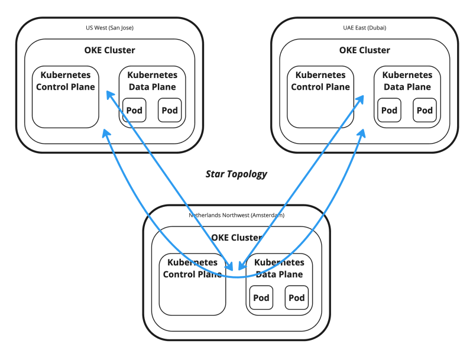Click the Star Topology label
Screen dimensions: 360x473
(x=237, y=174)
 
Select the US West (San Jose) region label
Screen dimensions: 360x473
(x=109, y=28)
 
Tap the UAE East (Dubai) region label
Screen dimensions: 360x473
(x=365, y=28)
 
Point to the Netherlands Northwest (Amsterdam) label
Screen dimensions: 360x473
(x=237, y=215)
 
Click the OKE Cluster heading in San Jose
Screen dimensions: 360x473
(x=109, y=50)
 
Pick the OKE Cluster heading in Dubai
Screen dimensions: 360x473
(x=365, y=50)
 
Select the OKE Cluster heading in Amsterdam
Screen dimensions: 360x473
(x=237, y=238)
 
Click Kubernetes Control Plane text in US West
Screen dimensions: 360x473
(x=65, y=81)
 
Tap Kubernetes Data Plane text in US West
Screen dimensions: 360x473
(x=152, y=81)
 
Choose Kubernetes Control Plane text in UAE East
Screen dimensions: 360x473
(x=320, y=81)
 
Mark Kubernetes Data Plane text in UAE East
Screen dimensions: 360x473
(x=407, y=81)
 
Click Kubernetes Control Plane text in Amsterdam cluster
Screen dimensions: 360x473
(x=193, y=268)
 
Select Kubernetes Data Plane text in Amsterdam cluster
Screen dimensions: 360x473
(x=279, y=268)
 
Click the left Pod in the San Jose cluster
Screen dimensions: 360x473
(x=134, y=110)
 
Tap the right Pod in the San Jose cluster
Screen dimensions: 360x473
(x=170, y=110)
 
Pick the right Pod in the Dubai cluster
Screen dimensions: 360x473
(x=425, y=110)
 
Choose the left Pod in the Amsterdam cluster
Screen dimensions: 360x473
(x=261, y=297)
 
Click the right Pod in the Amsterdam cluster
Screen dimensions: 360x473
(x=297, y=297)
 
